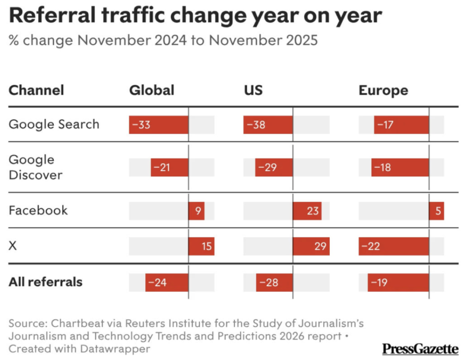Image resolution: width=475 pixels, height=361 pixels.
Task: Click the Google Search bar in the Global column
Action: tap(159, 125)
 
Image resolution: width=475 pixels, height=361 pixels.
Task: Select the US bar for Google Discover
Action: tap(274, 168)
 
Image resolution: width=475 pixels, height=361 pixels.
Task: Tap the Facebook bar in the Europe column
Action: tap(436, 211)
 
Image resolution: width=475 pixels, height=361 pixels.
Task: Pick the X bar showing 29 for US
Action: tap(311, 246)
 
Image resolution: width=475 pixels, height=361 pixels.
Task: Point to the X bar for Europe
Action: tap(393, 246)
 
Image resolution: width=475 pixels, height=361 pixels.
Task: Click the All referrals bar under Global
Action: tap(167, 282)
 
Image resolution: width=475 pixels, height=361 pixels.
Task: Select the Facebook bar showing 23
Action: tap(307, 211)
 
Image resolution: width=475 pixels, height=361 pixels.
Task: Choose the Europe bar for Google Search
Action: tap(401, 125)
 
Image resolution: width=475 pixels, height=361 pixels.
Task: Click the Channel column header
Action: tap(36, 90)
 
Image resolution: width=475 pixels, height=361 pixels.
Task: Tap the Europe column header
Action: tap(383, 90)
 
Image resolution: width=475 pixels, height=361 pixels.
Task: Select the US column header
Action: tap(253, 90)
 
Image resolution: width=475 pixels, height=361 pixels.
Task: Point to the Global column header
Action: tap(152, 90)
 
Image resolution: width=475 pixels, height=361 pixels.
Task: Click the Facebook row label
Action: tap(38, 210)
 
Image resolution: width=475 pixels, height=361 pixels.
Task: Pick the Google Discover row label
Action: tap(35, 167)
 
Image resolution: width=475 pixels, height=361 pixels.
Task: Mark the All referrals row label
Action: tap(45, 282)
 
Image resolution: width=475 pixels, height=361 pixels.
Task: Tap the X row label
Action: tap(13, 246)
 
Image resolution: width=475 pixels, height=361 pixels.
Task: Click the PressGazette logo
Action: tap(420, 348)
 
